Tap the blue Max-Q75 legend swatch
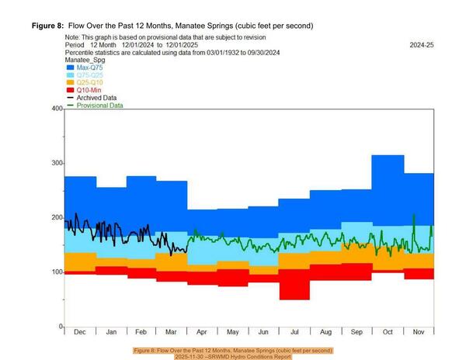(70, 68)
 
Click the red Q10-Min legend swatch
(70, 91)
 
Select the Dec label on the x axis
(78, 333)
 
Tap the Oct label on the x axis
(387, 333)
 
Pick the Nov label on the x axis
(418, 333)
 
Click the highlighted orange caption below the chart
(233, 354)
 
